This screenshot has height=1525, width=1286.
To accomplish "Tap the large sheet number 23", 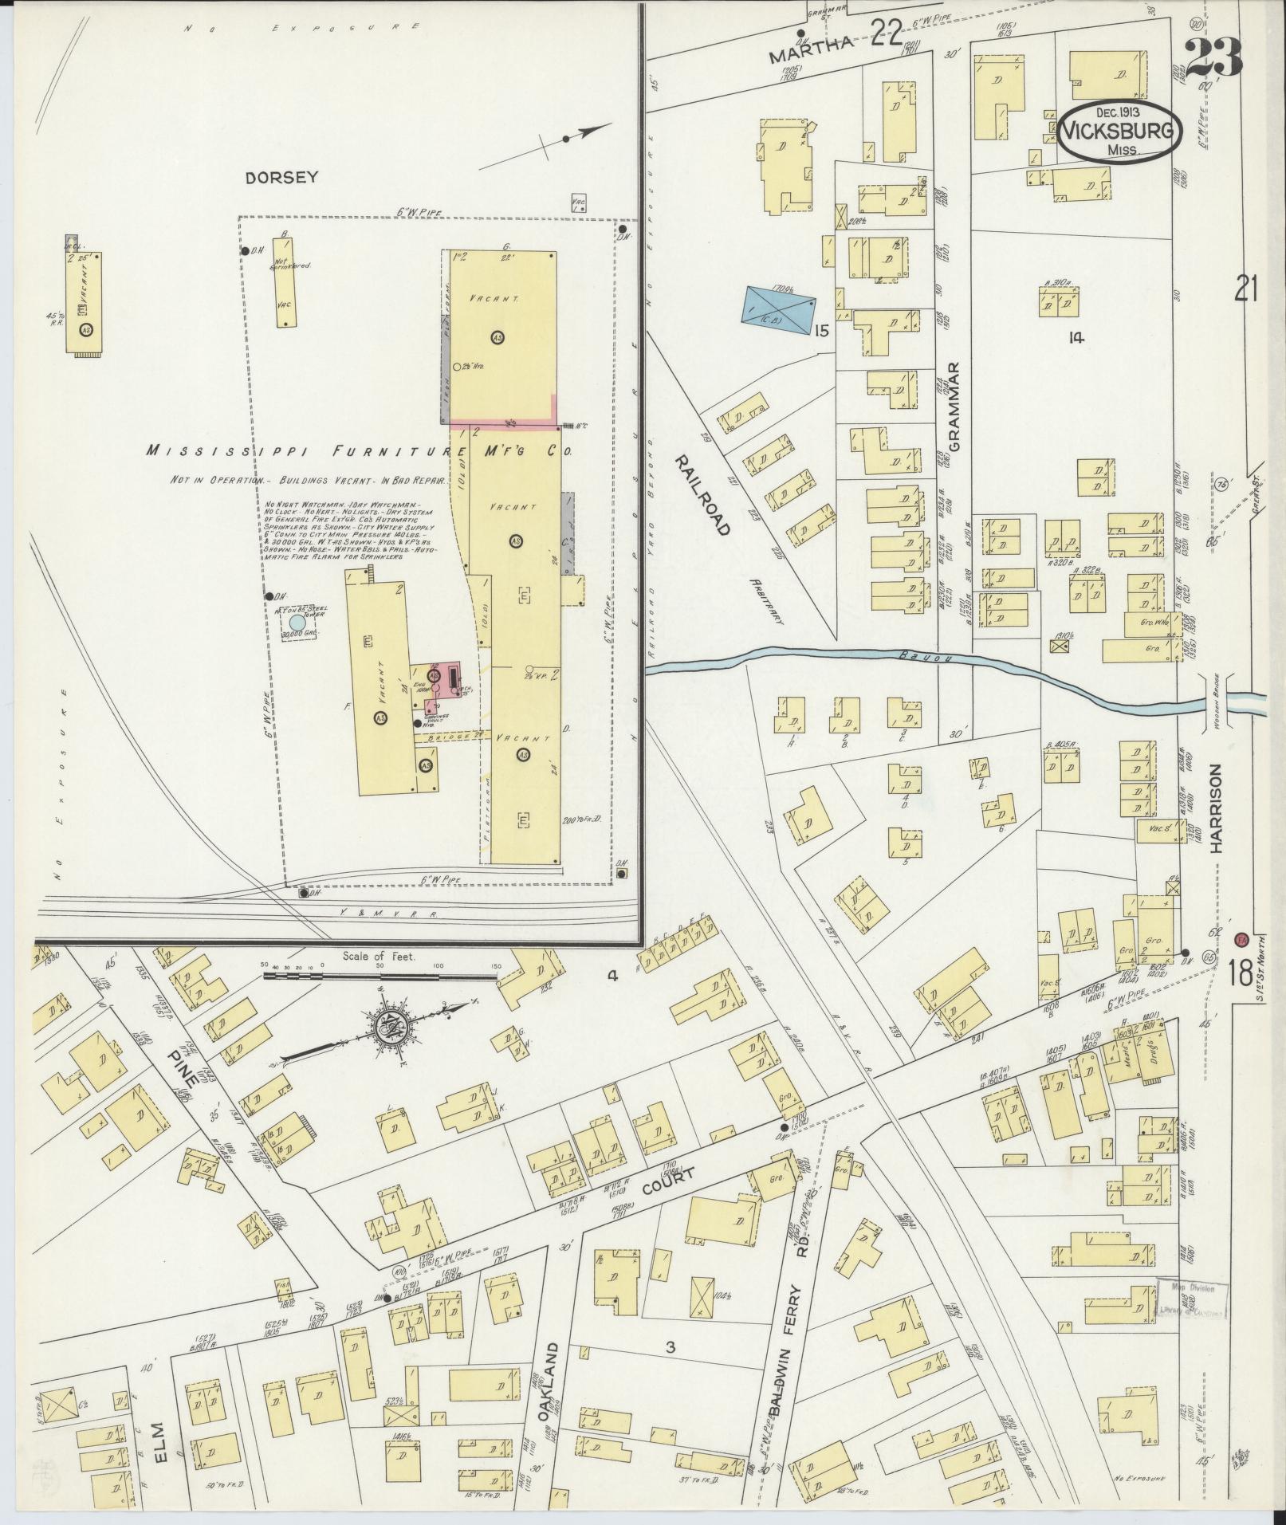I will point(1212,57).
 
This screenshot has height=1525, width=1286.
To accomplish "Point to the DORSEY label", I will point(281,177).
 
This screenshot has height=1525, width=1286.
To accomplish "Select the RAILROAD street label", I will point(703,494).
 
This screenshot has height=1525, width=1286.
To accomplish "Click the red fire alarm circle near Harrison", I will point(1240,939).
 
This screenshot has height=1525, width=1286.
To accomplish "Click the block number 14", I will point(1076,338).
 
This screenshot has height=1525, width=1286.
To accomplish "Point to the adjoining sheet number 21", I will point(1246,288).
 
